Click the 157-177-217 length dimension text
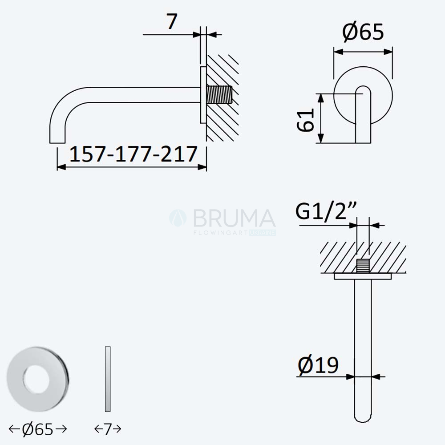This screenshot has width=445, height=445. click(133, 154)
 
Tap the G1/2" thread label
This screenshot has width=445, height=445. click(326, 211)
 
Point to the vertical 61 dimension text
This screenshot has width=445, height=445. click(305, 120)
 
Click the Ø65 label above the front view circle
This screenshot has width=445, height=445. click(363, 32)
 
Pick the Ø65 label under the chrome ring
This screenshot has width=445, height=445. click(38, 429)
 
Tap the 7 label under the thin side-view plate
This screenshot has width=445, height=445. click(108, 429)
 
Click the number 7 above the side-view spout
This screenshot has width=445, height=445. click(172, 21)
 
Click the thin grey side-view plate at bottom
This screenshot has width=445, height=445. click(108, 379)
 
